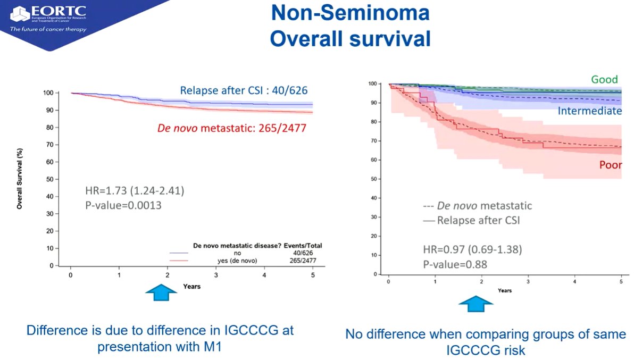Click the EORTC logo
point(48,19)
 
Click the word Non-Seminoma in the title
point(350,13)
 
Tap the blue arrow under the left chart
point(161,292)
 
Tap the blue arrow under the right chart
point(476,304)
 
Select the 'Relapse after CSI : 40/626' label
point(244,90)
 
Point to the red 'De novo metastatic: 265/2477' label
point(232,128)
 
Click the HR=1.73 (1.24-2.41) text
point(135,190)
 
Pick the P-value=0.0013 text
point(123,205)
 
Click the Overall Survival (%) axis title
point(19,179)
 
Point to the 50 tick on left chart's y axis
point(50,179)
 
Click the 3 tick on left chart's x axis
point(216,275)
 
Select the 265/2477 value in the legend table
point(303,261)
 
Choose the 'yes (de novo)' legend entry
point(237,261)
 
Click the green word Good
point(605,79)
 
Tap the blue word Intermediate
point(589,111)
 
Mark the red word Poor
point(611,165)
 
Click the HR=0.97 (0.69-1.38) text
point(472,249)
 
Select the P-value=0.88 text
point(455,265)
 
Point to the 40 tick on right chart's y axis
point(374,198)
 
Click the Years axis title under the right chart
point(505,290)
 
